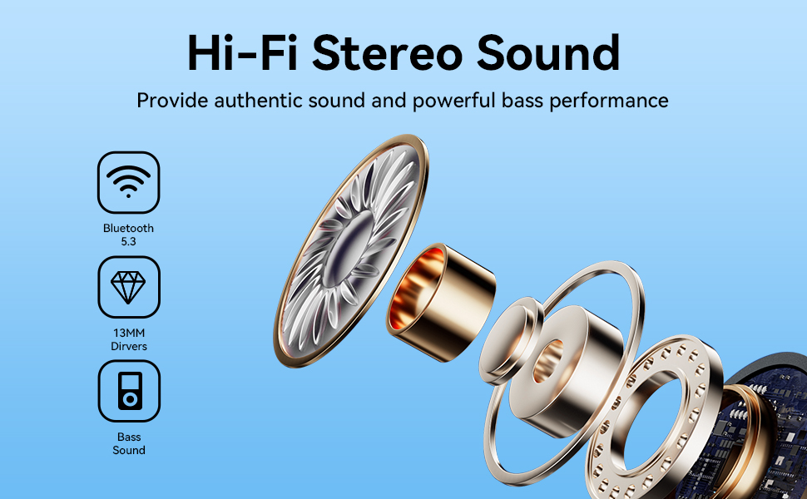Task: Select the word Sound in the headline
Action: [548, 52]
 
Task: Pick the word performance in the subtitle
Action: [609, 101]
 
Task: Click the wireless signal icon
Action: [128, 181]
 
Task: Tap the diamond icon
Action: [128, 287]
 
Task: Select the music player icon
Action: [130, 391]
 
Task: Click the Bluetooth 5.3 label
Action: [128, 235]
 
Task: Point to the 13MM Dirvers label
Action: [129, 339]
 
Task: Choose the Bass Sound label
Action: [129, 443]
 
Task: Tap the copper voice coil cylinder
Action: [441, 303]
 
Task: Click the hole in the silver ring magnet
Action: [547, 361]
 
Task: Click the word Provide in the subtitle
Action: [172, 101]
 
